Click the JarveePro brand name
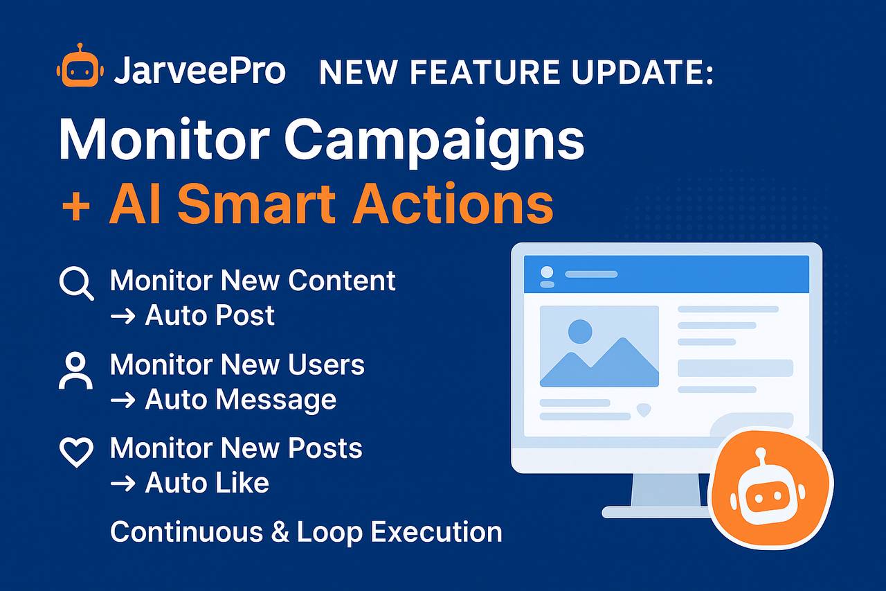(200, 71)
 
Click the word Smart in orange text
(256, 204)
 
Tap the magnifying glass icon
(76, 284)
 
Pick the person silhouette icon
(76, 371)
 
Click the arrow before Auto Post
(123, 317)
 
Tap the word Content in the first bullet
(342, 281)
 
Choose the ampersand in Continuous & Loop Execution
(280, 532)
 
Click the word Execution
(436, 532)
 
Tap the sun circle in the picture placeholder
(580, 331)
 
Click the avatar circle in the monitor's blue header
(547, 272)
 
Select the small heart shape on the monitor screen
(644, 410)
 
